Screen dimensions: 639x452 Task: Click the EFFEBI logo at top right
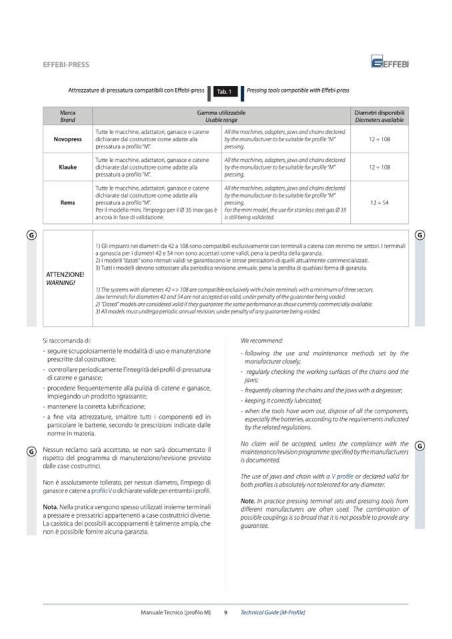click(x=391, y=63)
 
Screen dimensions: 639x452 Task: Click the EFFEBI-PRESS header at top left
click(x=65, y=65)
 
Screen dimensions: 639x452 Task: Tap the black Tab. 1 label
click(x=222, y=91)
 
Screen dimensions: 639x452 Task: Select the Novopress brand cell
click(x=67, y=139)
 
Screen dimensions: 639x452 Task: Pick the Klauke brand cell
click(x=67, y=167)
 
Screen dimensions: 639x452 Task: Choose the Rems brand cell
click(x=67, y=203)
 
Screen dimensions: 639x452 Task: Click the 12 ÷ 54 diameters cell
click(x=379, y=203)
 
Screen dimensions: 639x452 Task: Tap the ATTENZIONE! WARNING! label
click(x=65, y=278)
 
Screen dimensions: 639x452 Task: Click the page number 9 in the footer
click(x=225, y=612)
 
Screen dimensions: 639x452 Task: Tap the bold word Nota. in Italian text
click(x=52, y=507)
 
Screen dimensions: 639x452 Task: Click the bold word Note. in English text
click(x=248, y=500)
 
